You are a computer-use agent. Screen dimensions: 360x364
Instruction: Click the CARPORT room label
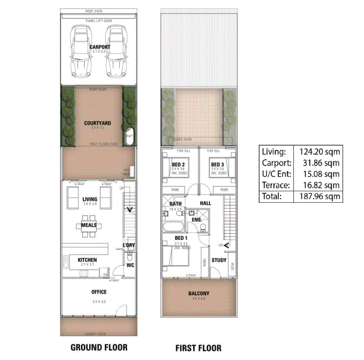(99, 46)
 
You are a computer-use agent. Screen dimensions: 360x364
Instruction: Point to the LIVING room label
(91, 199)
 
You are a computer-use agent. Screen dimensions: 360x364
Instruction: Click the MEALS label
(89, 226)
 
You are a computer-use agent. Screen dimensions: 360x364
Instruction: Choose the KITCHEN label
(88, 260)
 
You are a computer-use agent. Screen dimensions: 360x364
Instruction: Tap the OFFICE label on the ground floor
(99, 292)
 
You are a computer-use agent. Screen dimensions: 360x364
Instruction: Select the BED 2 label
(178, 164)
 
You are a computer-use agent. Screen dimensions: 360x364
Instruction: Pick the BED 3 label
(217, 164)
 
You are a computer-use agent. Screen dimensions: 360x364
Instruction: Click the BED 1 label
(182, 238)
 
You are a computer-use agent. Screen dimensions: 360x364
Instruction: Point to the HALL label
(206, 203)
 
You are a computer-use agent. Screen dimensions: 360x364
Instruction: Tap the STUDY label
(219, 260)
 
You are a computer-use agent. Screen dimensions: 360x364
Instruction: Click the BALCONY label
(199, 293)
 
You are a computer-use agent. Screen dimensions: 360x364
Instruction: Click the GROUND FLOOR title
(99, 347)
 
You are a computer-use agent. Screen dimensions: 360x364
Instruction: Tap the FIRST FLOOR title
(198, 348)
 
